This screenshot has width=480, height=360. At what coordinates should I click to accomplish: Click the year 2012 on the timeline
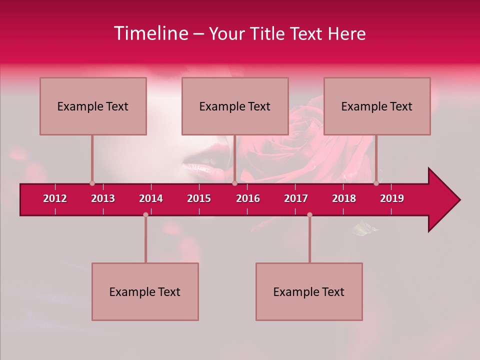pyautogui.click(x=55, y=198)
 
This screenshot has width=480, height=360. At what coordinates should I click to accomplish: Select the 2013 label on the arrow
pyautogui.click(x=103, y=198)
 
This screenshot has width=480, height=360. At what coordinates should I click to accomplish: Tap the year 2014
pyautogui.click(x=151, y=198)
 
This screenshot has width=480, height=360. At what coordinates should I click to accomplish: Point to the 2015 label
pyautogui.click(x=199, y=198)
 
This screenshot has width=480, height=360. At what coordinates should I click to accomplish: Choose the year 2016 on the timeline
pyautogui.click(x=248, y=198)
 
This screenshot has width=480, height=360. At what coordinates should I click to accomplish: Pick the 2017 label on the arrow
pyautogui.click(x=296, y=198)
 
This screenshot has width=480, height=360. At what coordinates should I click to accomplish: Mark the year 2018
pyautogui.click(x=344, y=198)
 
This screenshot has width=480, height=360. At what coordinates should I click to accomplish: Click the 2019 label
pyautogui.click(x=392, y=198)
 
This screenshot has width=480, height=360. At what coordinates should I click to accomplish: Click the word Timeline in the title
pyautogui.click(x=150, y=33)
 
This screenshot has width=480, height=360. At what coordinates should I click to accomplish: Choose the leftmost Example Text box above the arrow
pyautogui.click(x=93, y=106)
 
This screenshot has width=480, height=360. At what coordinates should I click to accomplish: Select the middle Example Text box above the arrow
pyautogui.click(x=235, y=106)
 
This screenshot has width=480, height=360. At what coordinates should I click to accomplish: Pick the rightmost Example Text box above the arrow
pyautogui.click(x=377, y=106)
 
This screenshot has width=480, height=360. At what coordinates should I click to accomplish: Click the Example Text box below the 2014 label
pyautogui.click(x=145, y=291)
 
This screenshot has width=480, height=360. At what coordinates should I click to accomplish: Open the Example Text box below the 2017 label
pyautogui.click(x=309, y=291)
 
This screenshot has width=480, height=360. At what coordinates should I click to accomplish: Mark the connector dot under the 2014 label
pyautogui.click(x=145, y=214)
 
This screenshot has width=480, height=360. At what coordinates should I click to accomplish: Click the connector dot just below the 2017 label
pyautogui.click(x=309, y=214)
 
